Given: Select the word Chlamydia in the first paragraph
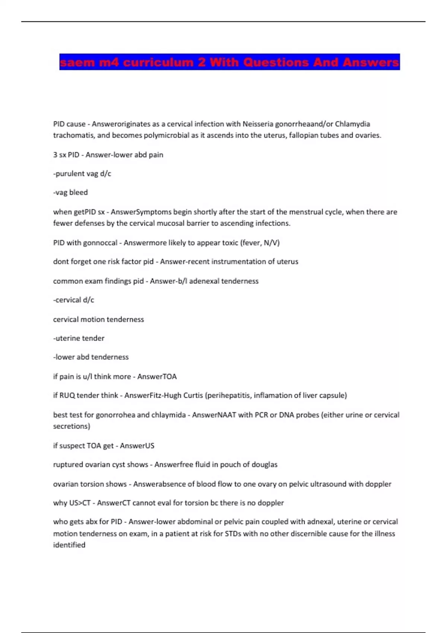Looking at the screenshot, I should [x=352, y=124].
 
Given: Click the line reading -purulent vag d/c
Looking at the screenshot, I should [x=82, y=174].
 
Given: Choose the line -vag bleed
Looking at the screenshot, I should [x=70, y=193].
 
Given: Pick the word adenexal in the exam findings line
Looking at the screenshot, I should [x=204, y=281].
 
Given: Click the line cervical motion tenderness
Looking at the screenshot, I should [x=98, y=319].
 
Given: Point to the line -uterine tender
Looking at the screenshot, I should [x=79, y=338].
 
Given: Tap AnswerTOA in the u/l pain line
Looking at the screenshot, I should [x=157, y=376].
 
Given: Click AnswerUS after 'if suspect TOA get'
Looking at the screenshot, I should [x=137, y=446].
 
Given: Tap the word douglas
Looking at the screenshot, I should [x=264, y=465].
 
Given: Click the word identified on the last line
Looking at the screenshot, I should [x=69, y=545].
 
